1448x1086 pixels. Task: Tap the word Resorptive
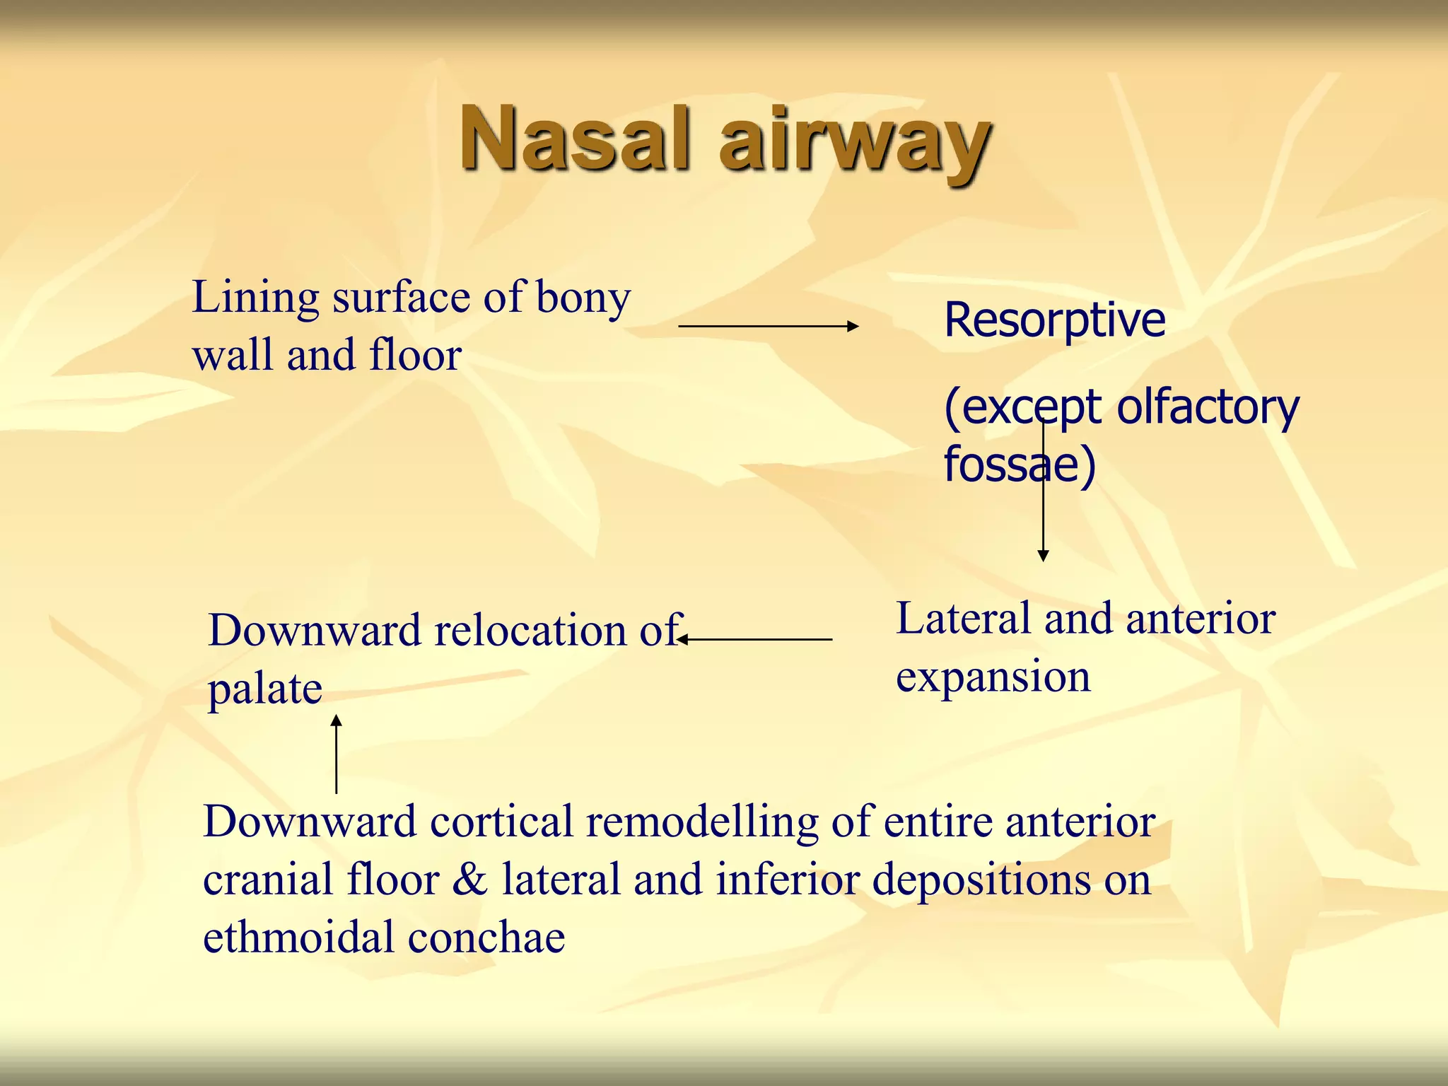tap(1054, 320)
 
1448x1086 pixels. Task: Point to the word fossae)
tap(1020, 465)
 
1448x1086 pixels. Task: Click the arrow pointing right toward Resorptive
tap(768, 326)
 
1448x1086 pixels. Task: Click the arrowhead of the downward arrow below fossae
tap(1043, 555)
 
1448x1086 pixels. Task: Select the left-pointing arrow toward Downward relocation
tap(754, 639)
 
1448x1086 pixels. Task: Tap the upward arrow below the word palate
tap(337, 754)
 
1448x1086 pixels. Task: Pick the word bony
tap(583, 298)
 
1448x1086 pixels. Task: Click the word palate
tap(265, 689)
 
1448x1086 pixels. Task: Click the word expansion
tap(993, 677)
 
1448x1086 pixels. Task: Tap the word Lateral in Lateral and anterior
tap(964, 619)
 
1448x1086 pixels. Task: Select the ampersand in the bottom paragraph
tap(470, 880)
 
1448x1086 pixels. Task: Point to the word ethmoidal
tap(299, 938)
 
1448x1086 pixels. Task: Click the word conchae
tap(486, 938)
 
